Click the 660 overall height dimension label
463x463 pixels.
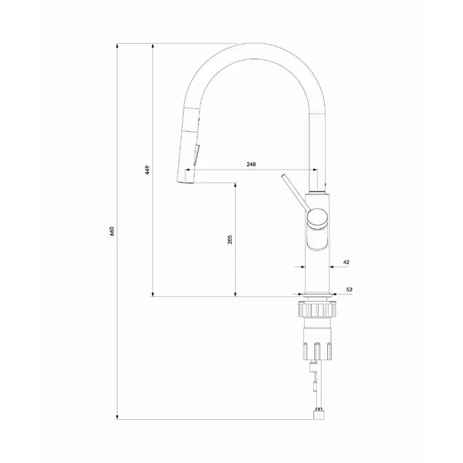(x=111, y=231)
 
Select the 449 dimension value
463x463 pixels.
(x=147, y=170)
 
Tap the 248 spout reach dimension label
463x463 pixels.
(x=251, y=164)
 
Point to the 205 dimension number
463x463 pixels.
(x=230, y=240)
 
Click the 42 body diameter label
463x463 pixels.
(x=346, y=262)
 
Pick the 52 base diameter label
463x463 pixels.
(x=349, y=289)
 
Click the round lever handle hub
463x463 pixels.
(x=317, y=218)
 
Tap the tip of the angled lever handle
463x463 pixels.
(x=283, y=176)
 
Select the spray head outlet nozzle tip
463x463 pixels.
(x=185, y=182)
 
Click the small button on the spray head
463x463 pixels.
(x=197, y=154)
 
